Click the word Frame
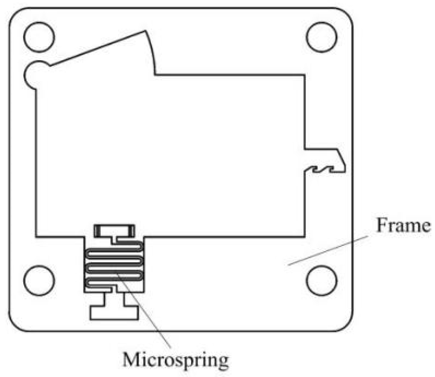pos(403,226)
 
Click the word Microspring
pos(176,360)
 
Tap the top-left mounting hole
pos(39,37)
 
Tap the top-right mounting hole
pos(322,37)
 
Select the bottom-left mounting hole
pos(39,280)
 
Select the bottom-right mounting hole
pos(322,280)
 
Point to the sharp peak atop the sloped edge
pos(145,32)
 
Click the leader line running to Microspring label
pos(147,314)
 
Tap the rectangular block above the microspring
pos(114,231)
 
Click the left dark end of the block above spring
pos(97,231)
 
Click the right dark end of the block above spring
pos(131,231)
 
